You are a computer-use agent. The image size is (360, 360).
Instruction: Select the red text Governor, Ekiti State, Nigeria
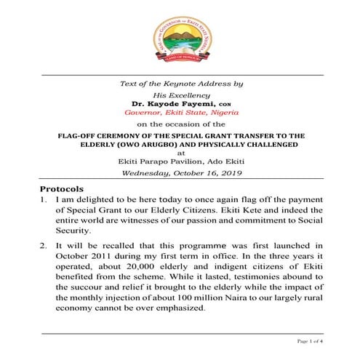[180, 113]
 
